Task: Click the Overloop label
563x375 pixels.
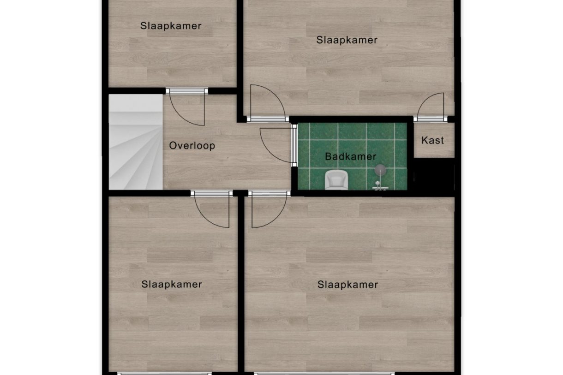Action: (192, 146)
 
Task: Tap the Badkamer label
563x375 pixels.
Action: (350, 157)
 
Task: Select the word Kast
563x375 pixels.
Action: (433, 140)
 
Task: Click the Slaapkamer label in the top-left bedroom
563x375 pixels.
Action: (171, 26)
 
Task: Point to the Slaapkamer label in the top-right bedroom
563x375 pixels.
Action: (347, 40)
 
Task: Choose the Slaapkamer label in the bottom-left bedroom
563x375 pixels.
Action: (172, 284)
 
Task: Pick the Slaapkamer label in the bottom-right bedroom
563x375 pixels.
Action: (347, 285)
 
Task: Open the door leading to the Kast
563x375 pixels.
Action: (430, 107)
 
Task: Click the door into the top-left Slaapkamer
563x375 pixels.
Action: (187, 107)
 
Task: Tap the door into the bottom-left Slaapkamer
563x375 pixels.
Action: (212, 209)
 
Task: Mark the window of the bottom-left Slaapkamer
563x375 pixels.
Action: (164, 373)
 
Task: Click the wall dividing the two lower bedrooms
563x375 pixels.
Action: (240, 286)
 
